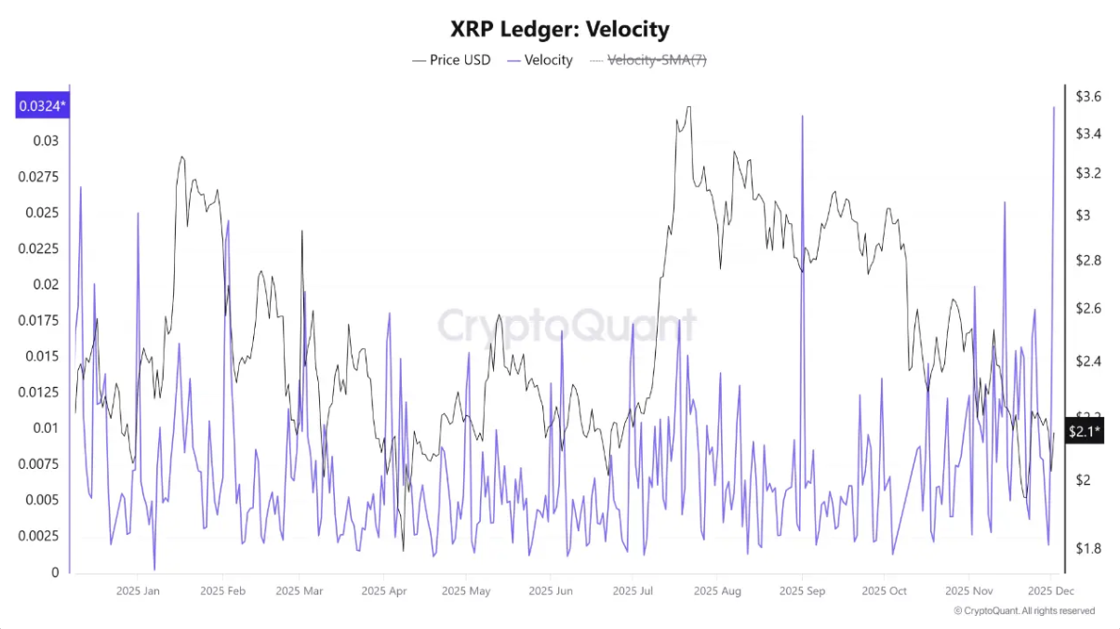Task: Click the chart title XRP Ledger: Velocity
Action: coord(559,30)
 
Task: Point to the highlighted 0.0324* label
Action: coord(41,106)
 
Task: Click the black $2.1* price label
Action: coord(1085,431)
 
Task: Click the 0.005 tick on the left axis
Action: coord(42,500)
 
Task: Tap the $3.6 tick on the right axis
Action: coord(1087,96)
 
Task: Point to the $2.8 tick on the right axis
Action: coord(1087,261)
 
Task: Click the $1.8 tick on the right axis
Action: coord(1087,548)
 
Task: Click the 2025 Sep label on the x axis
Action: coord(801,591)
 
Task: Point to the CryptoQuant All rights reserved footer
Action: coord(1024,611)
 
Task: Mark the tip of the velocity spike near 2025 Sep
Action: coord(802,116)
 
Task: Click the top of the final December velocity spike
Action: coord(1054,107)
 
